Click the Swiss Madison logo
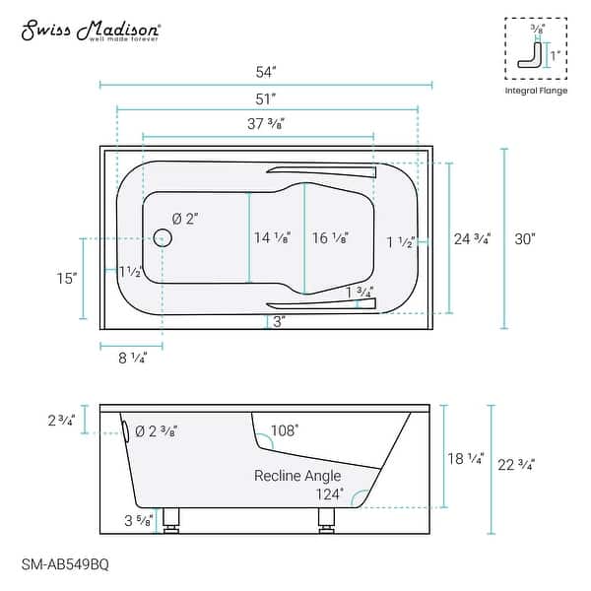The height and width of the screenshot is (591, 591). pyautogui.click(x=92, y=31)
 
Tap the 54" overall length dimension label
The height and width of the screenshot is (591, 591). pyautogui.click(x=266, y=72)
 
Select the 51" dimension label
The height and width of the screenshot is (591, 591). pyautogui.click(x=266, y=99)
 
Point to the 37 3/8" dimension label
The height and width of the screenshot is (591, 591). pyautogui.click(x=266, y=124)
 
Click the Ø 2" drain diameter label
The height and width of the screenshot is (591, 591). pyautogui.click(x=185, y=219)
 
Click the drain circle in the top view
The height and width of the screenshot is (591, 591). pyautogui.click(x=163, y=237)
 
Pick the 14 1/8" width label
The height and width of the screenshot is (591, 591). pyautogui.click(x=272, y=237)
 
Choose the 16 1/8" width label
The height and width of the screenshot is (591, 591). pyautogui.click(x=330, y=237)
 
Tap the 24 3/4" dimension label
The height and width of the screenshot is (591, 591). pyautogui.click(x=472, y=239)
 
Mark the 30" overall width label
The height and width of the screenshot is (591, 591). pyautogui.click(x=525, y=239)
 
